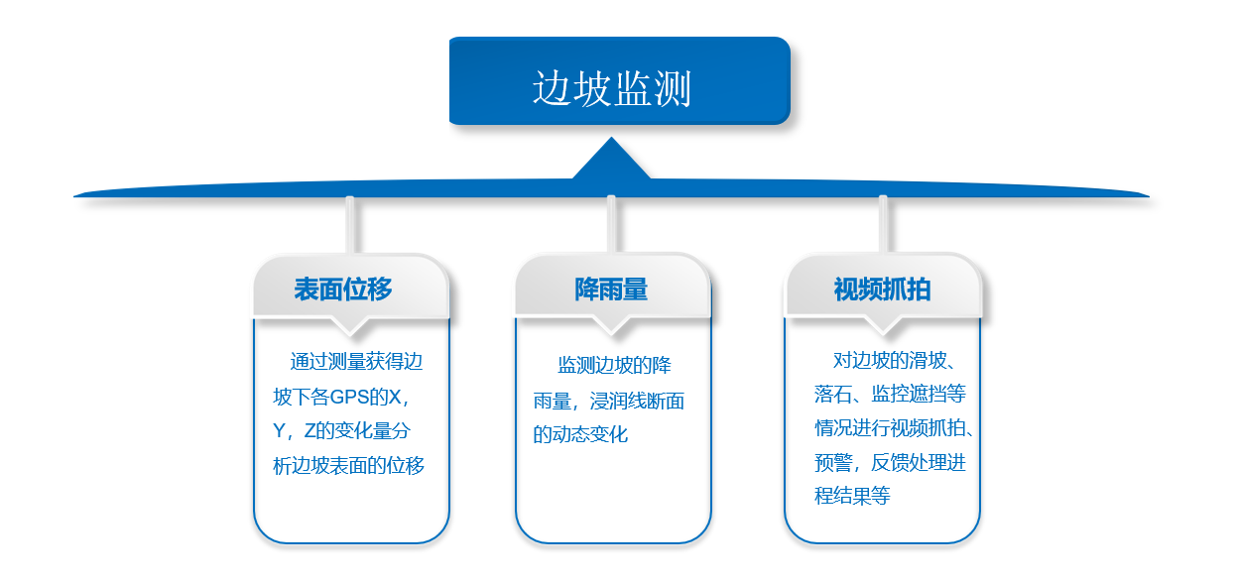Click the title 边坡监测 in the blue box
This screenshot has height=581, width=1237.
pyautogui.click(x=611, y=88)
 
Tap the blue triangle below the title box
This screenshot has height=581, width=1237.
pyautogui.click(x=611, y=160)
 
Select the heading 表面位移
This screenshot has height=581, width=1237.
pyautogui.click(x=343, y=290)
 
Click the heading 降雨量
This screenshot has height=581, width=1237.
pyautogui.click(x=611, y=290)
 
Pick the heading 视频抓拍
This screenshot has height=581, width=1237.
pyautogui.click(x=882, y=290)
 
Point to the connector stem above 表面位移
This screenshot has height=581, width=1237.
pyautogui.click(x=349, y=225)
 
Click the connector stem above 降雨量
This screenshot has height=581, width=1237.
pyautogui.click(x=611, y=225)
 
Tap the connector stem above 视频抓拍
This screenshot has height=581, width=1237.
pyautogui.click(x=883, y=225)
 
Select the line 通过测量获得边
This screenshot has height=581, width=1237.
pyautogui.click(x=356, y=362)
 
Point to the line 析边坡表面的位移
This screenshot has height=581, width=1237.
pyautogui.click(x=348, y=466)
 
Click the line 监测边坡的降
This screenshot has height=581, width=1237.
pyautogui.click(x=614, y=365)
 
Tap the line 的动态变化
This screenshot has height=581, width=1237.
pyautogui.click(x=580, y=434)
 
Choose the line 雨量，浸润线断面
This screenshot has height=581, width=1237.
pyautogui.click(x=608, y=401)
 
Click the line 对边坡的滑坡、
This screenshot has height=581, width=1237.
pyautogui.click(x=895, y=360)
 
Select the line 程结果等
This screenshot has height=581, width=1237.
pyautogui.click(x=852, y=496)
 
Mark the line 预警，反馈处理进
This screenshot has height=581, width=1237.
pyautogui.click(x=890, y=462)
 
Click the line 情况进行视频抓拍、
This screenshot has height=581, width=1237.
pyautogui.click(x=895, y=427)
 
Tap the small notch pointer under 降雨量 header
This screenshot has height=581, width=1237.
pyautogui.click(x=611, y=325)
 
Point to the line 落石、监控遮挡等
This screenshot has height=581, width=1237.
pyautogui.click(x=890, y=394)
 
